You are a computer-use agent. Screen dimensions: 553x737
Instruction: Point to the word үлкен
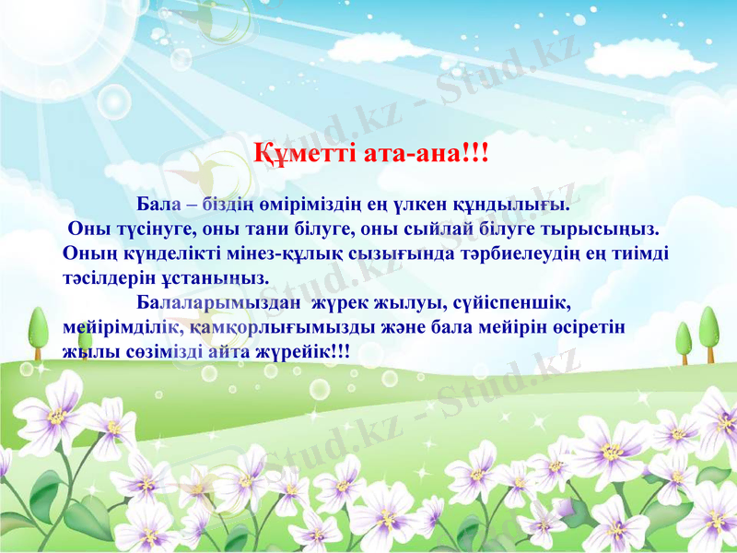pos(415,202)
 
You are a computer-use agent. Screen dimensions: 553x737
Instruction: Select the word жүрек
pos(338,302)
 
